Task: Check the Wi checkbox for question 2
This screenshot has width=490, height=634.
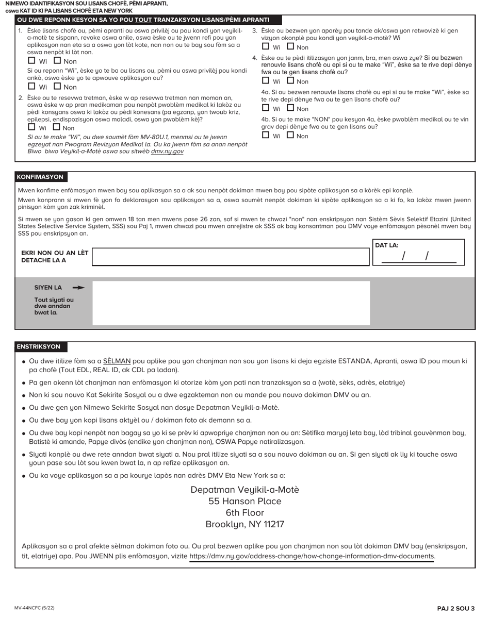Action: click(x=31, y=127)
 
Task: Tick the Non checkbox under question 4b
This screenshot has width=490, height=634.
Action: click(x=290, y=136)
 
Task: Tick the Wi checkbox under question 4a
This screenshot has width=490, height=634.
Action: click(x=266, y=108)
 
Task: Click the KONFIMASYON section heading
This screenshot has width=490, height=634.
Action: click(x=40, y=177)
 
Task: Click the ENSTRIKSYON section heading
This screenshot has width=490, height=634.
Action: click(x=39, y=347)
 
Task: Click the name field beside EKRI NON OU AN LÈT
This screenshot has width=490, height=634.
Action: click(x=231, y=257)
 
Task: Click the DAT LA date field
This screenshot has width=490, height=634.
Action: click(x=418, y=256)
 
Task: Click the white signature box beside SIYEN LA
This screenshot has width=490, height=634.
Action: click(x=231, y=303)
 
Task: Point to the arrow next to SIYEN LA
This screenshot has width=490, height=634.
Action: click(x=78, y=288)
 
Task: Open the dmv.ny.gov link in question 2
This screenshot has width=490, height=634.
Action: click(x=167, y=152)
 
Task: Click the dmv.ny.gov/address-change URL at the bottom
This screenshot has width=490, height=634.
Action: click(x=312, y=556)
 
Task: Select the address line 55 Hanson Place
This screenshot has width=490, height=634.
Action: click(x=244, y=501)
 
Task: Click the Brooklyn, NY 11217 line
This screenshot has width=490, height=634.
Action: click(x=244, y=524)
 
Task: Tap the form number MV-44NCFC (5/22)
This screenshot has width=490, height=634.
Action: click(x=34, y=608)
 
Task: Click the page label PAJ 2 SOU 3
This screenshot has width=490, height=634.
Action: click(x=455, y=608)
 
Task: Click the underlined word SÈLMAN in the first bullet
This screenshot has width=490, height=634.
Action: click(x=117, y=361)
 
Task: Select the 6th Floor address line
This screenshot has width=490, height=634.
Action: click(x=244, y=513)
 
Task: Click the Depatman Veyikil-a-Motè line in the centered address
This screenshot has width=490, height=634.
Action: click(x=244, y=490)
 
